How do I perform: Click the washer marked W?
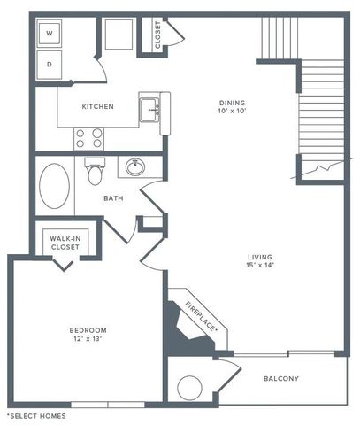50,35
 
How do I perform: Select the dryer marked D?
50,64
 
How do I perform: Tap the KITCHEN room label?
97,107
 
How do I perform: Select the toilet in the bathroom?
95,170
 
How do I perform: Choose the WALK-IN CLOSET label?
65,242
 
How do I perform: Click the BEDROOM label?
88,330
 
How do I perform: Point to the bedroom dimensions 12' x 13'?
88,341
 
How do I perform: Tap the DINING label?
234,103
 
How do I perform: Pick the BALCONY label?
280,379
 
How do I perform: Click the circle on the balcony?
190,388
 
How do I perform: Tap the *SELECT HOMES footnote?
36,415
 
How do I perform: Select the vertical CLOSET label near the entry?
158,35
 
